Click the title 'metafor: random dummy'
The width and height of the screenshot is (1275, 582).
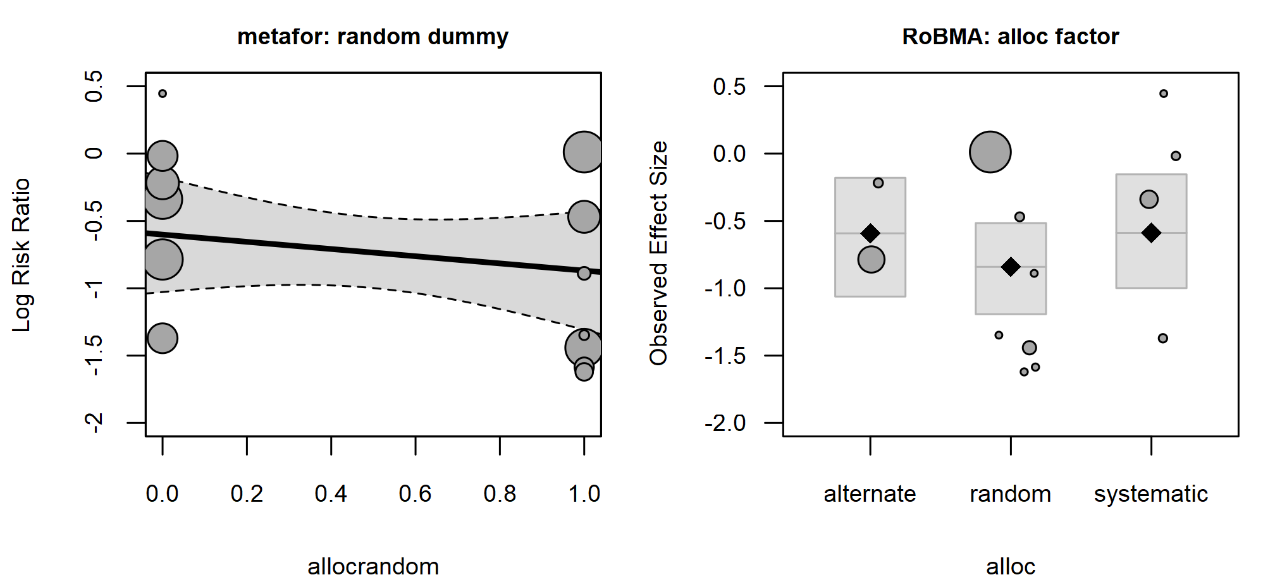pos(373,37)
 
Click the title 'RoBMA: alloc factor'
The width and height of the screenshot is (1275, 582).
pos(1010,37)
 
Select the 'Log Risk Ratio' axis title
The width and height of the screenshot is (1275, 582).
pos(22,255)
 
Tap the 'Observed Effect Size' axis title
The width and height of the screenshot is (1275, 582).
pos(658,253)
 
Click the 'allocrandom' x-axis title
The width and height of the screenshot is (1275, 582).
pos(373,566)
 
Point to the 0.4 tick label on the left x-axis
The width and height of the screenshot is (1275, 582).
pos(331,494)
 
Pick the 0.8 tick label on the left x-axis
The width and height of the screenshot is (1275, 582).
pos(500,494)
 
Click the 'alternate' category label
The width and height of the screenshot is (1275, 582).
pos(870,494)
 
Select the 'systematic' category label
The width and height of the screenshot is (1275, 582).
pos(1151,494)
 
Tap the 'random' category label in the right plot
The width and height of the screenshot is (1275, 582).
pos(1011,494)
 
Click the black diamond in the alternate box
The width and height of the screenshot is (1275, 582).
pos(870,233)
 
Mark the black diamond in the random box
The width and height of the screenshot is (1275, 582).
pos(1011,267)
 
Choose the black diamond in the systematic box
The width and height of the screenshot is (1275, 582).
pos(1151,233)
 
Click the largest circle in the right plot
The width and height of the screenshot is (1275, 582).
pos(990,152)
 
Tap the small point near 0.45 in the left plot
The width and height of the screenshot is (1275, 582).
pos(163,94)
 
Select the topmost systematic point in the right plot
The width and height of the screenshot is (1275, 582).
pos(1164,94)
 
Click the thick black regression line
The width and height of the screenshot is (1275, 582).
pos(373,253)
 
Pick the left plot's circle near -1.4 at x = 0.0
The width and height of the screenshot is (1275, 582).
pos(163,338)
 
